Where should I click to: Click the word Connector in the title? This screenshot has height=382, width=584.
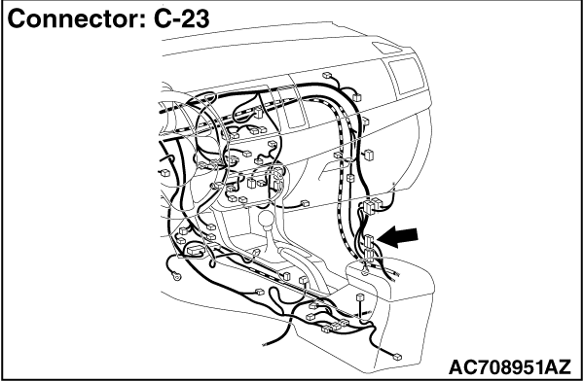click(x=76, y=18)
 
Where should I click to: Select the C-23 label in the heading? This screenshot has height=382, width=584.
click(x=182, y=18)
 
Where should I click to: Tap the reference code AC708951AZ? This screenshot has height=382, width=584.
click(x=509, y=367)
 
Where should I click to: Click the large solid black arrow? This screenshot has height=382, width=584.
click(x=397, y=238)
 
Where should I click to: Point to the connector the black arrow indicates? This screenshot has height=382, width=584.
click(x=369, y=241)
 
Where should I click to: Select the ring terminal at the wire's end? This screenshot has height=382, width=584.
click(x=177, y=276)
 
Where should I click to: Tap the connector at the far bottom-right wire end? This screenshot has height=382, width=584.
click(x=397, y=357)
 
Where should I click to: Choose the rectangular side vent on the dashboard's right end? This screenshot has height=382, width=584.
click(x=407, y=75)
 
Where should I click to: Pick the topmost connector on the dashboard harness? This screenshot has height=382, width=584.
click(x=327, y=76)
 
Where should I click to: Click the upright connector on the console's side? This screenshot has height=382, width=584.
click(x=360, y=298)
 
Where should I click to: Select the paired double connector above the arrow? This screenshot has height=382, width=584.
click(x=371, y=206)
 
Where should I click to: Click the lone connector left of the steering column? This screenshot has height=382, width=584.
click(x=164, y=173)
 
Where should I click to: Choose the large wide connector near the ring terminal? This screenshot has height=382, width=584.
click(x=195, y=250)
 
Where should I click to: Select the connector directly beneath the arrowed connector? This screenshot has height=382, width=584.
click(x=369, y=255)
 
